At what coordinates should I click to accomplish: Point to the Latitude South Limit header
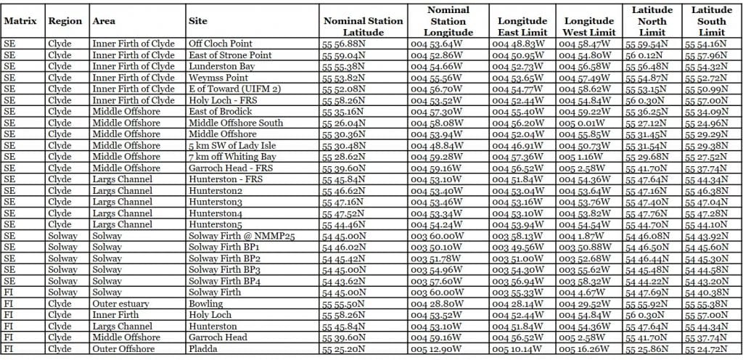point(711,21)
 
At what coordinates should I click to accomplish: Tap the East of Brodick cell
point(220,111)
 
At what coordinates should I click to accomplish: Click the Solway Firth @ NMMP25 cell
point(235,236)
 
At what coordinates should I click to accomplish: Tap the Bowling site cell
point(205,303)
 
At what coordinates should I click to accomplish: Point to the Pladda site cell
point(202,348)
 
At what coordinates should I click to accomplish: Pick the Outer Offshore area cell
point(124,348)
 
